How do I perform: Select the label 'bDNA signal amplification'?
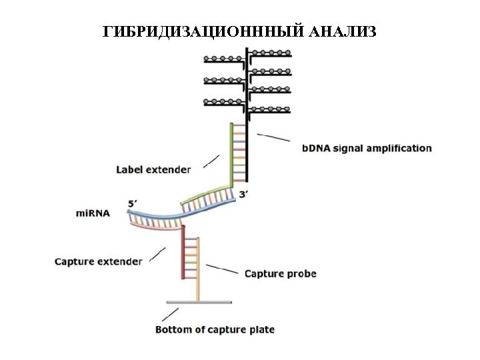click(x=367, y=148)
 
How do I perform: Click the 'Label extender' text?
click(x=153, y=169)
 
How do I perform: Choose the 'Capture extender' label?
click(x=98, y=261)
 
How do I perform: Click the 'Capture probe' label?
click(x=280, y=273)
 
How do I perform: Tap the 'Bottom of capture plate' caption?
click(x=215, y=329)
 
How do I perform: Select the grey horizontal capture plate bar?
click(x=197, y=302)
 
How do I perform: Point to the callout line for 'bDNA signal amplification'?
click(x=273, y=137)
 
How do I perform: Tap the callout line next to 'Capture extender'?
click(x=158, y=254)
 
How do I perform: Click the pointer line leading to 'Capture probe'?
click(x=222, y=269)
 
